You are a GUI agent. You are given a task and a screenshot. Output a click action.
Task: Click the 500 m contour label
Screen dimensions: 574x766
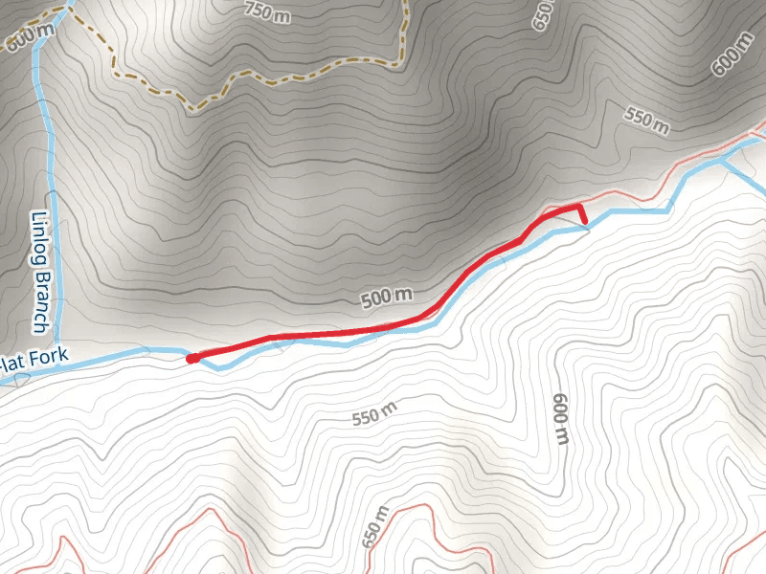click(388, 298)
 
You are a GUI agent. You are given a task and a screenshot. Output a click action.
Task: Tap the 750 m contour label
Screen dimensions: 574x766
click(266, 11)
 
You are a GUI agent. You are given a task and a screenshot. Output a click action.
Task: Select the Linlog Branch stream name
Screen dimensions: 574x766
click(41, 273)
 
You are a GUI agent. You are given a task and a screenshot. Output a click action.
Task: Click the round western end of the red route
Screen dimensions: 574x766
click(191, 359)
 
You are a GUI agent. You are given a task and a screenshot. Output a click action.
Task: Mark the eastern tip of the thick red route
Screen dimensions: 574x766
click(584, 223)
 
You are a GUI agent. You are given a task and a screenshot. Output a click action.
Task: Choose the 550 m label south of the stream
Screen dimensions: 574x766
click(374, 415)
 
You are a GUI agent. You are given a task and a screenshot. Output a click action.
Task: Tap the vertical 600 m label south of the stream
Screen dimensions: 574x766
click(561, 420)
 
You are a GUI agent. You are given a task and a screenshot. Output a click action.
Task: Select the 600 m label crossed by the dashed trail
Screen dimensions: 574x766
click(29, 38)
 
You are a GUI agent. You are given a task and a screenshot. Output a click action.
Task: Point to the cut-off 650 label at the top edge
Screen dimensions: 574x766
click(544, 11)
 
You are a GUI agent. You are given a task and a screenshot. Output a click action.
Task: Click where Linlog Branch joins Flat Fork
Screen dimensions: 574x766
click(58, 351)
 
